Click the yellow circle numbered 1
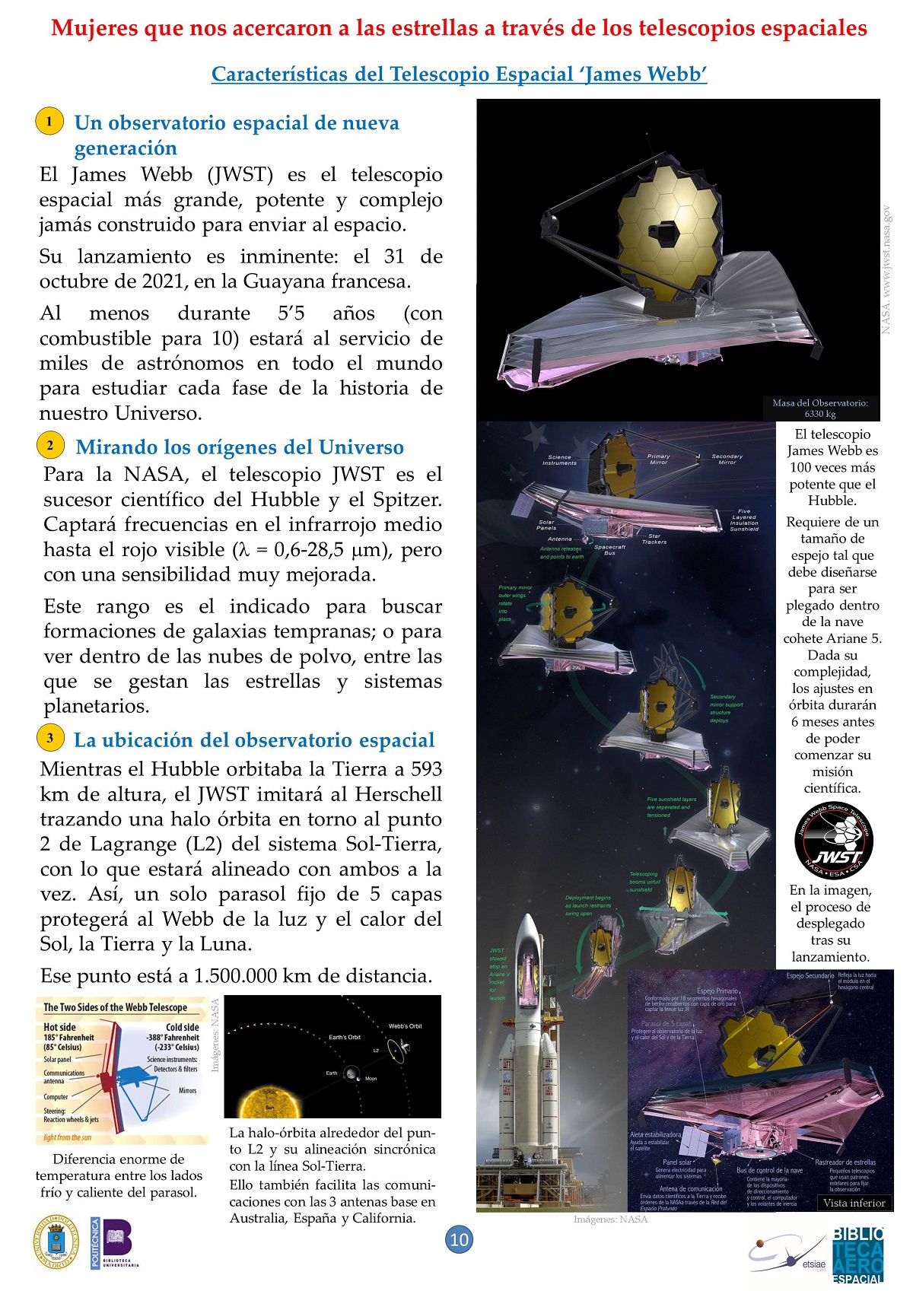pos(49,121)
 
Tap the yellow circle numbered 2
pos(50,445)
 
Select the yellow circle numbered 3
pos(50,737)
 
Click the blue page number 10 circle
pos(459,1239)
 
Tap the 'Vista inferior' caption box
pos(854,1203)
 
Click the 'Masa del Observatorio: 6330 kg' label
pos(820,409)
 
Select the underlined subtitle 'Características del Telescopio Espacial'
pos(459,74)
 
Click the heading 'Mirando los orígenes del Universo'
pos(240,447)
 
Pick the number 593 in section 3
pos(427,769)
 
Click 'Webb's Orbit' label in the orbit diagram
pos(405,1026)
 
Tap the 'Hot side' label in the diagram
pos(59,1027)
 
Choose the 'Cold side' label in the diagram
pos(183,1027)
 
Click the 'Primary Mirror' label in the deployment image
pos(658,459)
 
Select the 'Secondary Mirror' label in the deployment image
pos(727,459)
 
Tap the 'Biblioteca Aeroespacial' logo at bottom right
pos(858,1254)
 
